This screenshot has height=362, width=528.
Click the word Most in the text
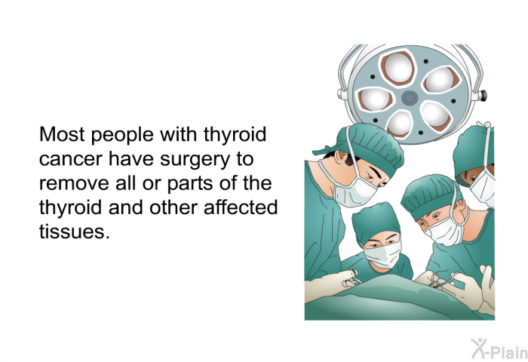point(60,137)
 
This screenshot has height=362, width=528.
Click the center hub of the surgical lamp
point(410,97)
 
